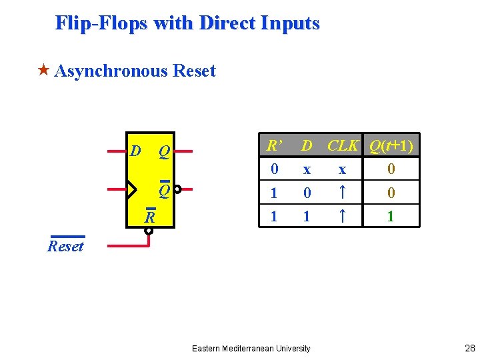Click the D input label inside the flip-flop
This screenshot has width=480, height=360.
(x=136, y=151)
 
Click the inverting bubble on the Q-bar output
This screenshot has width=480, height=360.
(x=178, y=189)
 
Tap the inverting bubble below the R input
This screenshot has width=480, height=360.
(x=149, y=231)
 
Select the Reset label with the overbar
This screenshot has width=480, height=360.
(x=66, y=246)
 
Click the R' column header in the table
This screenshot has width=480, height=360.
(x=273, y=145)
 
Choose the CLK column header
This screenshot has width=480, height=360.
(x=343, y=145)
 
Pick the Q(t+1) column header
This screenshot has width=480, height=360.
(x=391, y=145)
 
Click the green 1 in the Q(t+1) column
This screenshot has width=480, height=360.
(x=391, y=217)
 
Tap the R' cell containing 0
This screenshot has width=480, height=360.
(x=274, y=169)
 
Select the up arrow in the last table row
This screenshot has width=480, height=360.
(x=342, y=217)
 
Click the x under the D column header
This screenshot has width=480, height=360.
(x=307, y=170)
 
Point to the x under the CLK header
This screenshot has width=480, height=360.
(x=342, y=170)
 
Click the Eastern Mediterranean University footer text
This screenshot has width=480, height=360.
(x=251, y=348)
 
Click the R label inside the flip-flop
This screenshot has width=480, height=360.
(x=151, y=217)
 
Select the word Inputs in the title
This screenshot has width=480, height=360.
(x=291, y=23)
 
